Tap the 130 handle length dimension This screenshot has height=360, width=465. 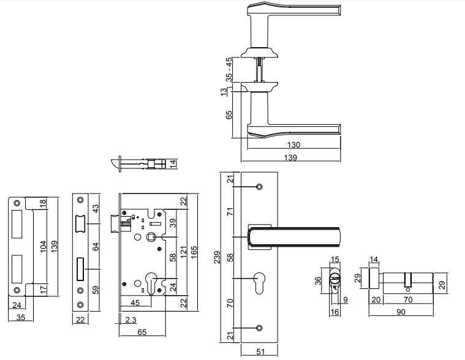pos(295,145)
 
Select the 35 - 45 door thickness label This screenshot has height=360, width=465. pos(229,69)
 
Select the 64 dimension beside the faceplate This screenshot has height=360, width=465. pos(95,247)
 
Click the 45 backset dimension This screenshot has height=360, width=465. pos(135,302)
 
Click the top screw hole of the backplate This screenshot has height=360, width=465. pos(258,186)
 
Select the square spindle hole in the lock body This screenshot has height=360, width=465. pos(150,237)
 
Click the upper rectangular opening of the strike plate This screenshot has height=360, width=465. pos(18,221)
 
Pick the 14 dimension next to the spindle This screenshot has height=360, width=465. pos(173,164)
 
